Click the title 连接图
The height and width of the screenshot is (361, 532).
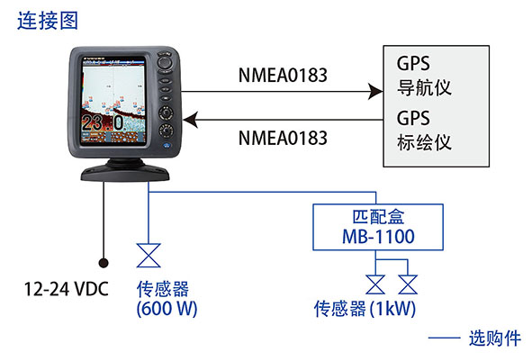[x=48, y=21]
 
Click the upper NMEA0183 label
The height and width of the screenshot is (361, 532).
[x=283, y=76]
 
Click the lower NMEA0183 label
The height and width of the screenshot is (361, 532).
[x=283, y=138]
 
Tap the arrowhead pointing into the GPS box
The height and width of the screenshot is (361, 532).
[x=376, y=91]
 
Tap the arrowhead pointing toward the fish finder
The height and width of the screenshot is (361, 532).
[x=191, y=120]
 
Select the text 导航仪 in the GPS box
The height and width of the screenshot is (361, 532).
[x=424, y=87]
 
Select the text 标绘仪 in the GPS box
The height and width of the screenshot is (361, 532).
[x=424, y=142]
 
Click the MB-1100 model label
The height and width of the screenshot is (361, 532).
[x=378, y=237]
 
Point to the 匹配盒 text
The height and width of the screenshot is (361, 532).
[x=378, y=217]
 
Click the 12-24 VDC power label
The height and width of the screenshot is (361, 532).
[x=66, y=289]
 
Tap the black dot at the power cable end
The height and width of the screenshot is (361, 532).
[x=104, y=263]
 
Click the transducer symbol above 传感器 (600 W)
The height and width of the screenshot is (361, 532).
[x=149, y=255]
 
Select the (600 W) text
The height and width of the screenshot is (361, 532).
[x=167, y=309]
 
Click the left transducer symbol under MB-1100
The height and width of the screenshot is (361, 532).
[x=375, y=284]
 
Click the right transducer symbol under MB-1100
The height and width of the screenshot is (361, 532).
[x=408, y=284]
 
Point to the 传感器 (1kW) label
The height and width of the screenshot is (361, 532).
[x=365, y=309]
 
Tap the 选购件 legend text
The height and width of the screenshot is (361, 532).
[x=495, y=338]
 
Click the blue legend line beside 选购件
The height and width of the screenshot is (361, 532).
[x=444, y=338]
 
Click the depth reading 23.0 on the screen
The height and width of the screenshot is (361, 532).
[x=103, y=122]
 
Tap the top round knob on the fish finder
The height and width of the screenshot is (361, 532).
[x=165, y=62]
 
